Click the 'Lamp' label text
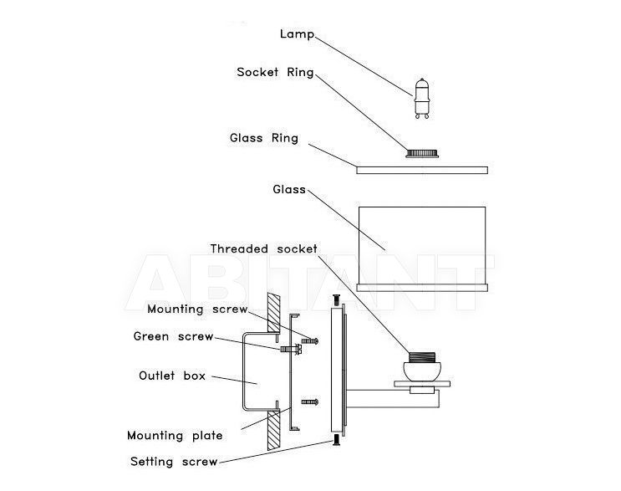[x=297, y=34]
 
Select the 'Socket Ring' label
[x=275, y=72]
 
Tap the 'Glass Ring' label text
[x=264, y=138]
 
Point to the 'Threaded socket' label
[x=264, y=249]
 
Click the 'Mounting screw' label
[x=197, y=309]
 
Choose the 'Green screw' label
[x=174, y=336]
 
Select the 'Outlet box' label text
[x=172, y=376]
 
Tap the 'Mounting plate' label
[x=175, y=436]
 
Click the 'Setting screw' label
[x=174, y=462]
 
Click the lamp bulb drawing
[x=422, y=98]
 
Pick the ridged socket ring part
[x=422, y=153]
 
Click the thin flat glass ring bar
[x=422, y=170]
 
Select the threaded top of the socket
[x=422, y=357]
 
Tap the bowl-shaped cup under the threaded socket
[x=422, y=371]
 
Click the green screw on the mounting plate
[x=291, y=349]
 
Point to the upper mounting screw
[x=310, y=340]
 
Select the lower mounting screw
[x=310, y=402]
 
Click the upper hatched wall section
[x=273, y=313]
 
